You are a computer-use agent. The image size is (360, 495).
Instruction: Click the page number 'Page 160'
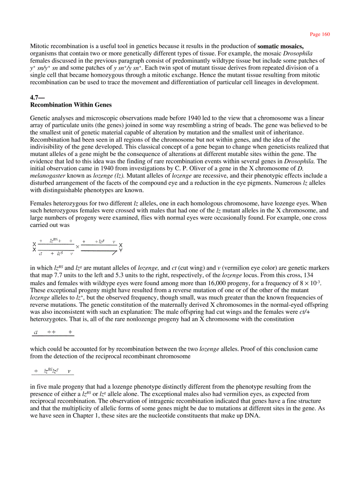320,34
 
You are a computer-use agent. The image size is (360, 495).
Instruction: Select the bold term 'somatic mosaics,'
280,46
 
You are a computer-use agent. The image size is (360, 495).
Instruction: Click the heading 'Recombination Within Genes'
71,105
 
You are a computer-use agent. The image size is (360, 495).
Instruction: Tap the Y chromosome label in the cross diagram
121,250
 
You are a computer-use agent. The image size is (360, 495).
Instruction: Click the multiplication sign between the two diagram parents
77,246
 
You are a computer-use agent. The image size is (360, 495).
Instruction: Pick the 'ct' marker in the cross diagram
41,253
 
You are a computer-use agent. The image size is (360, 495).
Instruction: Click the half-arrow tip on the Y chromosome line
114,252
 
